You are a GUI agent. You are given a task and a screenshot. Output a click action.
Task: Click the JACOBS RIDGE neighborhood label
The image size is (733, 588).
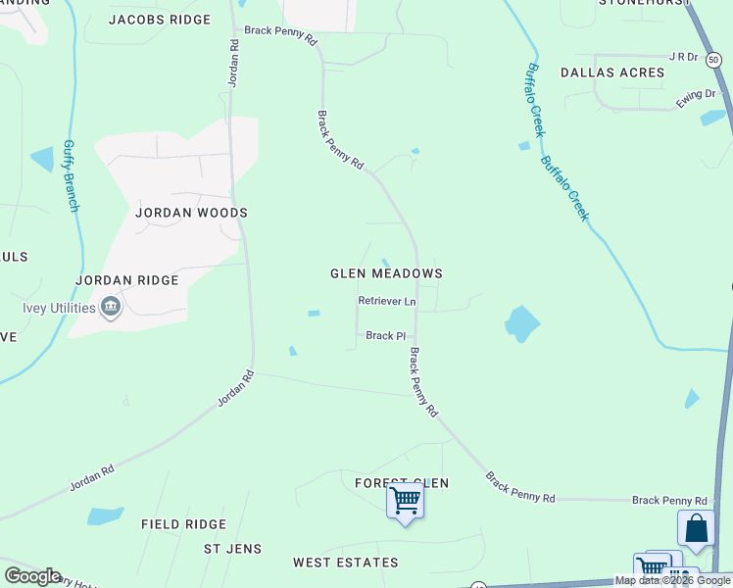point(160,20)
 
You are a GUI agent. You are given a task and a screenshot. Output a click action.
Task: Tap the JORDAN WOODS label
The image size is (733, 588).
point(191,213)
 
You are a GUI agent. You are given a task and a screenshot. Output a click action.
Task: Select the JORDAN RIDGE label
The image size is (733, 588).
point(127,280)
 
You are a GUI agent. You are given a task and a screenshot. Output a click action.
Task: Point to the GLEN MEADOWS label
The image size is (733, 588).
point(386,274)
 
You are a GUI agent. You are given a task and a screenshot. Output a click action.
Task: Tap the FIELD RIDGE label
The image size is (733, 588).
point(183,525)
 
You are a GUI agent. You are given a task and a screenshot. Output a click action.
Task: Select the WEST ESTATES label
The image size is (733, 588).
point(346,563)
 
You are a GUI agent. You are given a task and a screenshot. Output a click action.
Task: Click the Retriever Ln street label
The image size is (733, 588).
point(387,302)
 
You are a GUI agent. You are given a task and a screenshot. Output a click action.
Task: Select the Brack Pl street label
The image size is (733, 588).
point(385,336)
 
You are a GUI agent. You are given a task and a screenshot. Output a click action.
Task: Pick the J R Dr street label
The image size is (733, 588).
point(682,58)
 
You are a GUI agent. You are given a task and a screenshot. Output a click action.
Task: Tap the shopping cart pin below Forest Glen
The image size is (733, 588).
point(405,503)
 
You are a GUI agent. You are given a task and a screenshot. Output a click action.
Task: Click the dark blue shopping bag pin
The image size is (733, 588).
point(696,529)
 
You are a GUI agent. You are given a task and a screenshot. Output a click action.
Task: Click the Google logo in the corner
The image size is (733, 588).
point(32,576)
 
